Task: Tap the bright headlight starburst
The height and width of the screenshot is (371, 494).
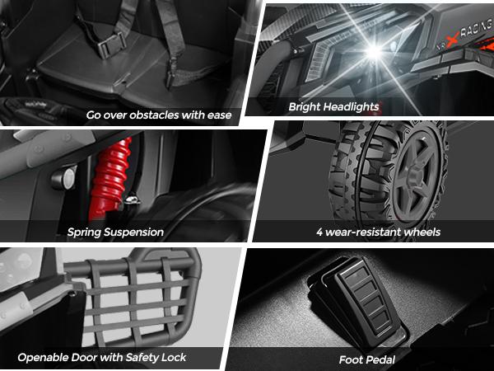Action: pyautogui.click(x=374, y=52)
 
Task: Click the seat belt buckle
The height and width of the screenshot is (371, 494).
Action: pyautogui.click(x=111, y=45)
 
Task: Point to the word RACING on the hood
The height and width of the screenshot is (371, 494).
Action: pyautogui.click(x=477, y=28)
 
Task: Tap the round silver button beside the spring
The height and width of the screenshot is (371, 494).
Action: pyautogui.click(x=64, y=178)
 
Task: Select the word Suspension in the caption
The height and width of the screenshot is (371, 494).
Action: pyautogui.click(x=134, y=232)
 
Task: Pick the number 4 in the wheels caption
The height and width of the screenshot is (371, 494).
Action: pyautogui.click(x=319, y=232)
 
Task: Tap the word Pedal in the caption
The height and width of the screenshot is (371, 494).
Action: pyautogui.click(x=381, y=359)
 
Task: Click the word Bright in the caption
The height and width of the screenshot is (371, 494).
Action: pyautogui.click(x=299, y=107)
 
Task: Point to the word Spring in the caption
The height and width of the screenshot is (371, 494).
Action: pyautogui.click(x=85, y=232)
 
